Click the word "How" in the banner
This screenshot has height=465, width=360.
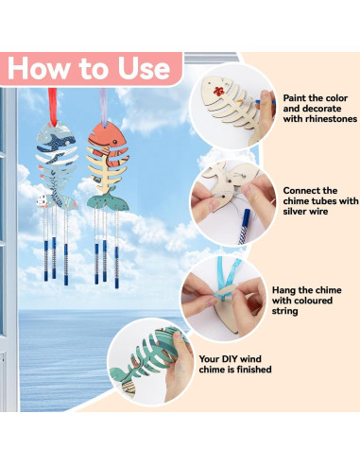[44, 68]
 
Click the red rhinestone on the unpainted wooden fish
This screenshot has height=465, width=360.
[219, 94]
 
